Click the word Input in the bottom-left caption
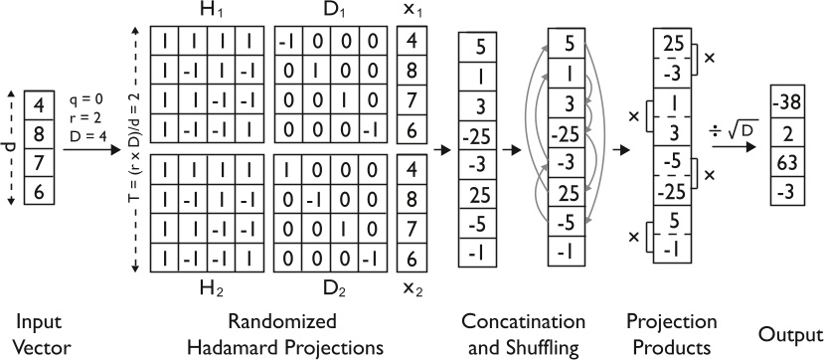[37, 323]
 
